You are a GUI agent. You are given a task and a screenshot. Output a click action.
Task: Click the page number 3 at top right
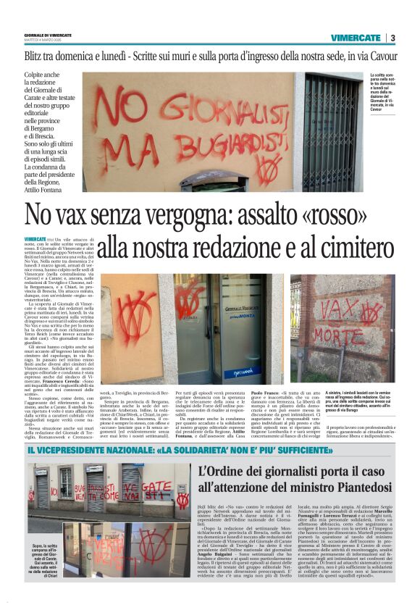pos(392,38)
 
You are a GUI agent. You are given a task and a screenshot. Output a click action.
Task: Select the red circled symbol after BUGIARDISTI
pos(269,168)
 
